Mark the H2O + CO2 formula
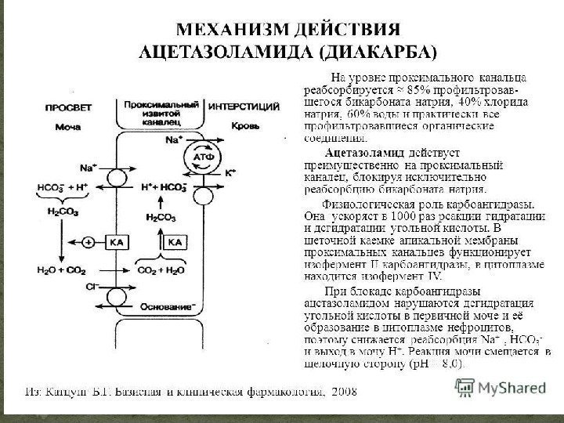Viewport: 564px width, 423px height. tap(60, 270)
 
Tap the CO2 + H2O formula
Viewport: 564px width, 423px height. tap(161, 270)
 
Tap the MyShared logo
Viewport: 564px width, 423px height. tap(502, 387)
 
